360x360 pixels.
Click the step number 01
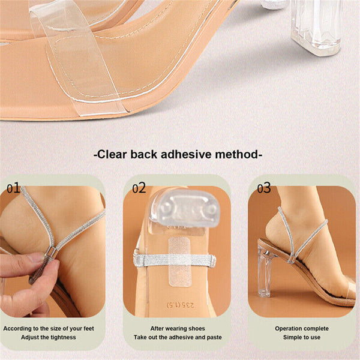pyautogui.click(x=14, y=188)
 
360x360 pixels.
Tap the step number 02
pyautogui.click(x=139, y=188)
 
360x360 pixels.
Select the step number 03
pyautogui.click(x=264, y=188)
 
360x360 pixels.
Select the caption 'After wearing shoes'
pyautogui.click(x=178, y=328)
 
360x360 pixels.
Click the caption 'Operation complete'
pyautogui.click(x=302, y=328)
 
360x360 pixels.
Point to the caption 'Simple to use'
pyautogui.click(x=302, y=337)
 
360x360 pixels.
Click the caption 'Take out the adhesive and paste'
pyautogui.click(x=178, y=337)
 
